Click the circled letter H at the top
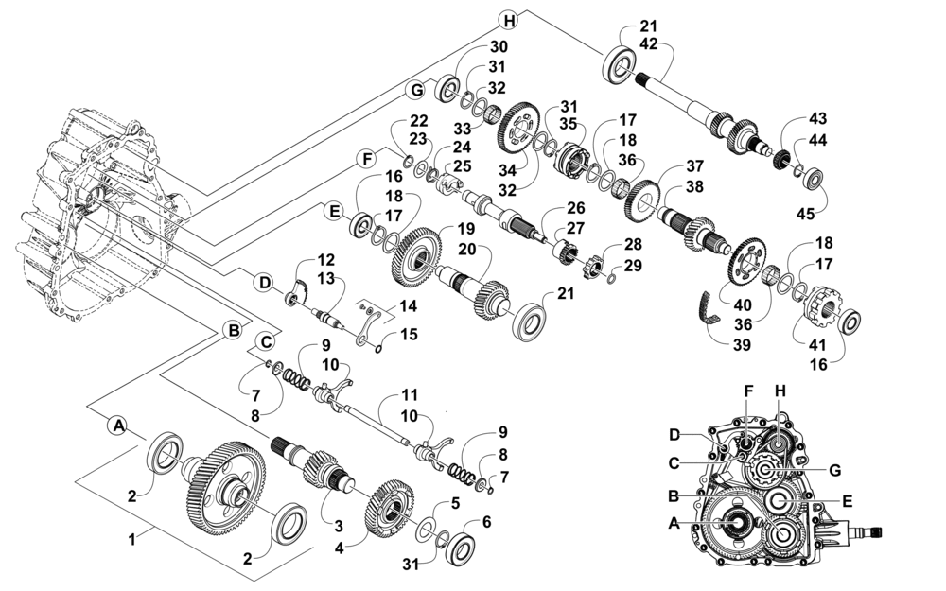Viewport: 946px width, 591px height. (510, 21)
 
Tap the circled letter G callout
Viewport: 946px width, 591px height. (415, 91)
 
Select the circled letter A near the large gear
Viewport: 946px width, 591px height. (119, 426)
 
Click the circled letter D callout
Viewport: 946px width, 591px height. (264, 282)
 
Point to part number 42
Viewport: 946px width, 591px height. (649, 44)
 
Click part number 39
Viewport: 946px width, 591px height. (742, 345)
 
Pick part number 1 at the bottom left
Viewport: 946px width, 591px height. (132, 539)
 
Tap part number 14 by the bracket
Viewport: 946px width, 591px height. (408, 305)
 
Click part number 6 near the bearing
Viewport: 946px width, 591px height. (486, 522)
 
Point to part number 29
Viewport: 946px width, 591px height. (633, 266)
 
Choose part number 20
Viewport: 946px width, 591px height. (467, 249)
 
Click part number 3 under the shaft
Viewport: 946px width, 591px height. (339, 527)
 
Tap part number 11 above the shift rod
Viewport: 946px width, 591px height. (410, 395)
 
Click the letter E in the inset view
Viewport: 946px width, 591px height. (847, 501)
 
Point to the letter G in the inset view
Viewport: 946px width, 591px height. (834, 470)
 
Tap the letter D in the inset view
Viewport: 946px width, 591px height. (675, 435)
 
